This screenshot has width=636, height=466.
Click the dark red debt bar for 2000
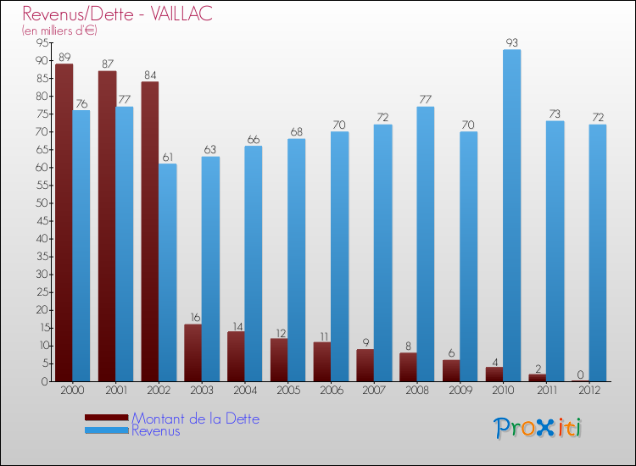(x=64, y=222)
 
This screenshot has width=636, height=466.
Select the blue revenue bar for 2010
(x=511, y=215)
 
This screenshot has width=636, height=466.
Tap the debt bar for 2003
(x=192, y=352)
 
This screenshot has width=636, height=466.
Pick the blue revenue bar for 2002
(x=167, y=272)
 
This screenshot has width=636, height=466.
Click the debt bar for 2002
(x=149, y=231)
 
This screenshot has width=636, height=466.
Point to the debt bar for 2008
(x=408, y=367)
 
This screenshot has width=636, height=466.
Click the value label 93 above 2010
(x=511, y=42)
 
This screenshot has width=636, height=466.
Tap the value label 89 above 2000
(x=64, y=57)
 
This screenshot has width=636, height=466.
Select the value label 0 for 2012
(x=580, y=374)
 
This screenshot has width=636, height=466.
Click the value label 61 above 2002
(x=167, y=157)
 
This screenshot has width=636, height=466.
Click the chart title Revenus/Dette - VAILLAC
(x=117, y=14)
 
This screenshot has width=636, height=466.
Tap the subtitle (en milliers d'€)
(x=59, y=31)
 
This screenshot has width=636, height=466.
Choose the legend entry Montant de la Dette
(x=195, y=419)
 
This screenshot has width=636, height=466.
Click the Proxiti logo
(x=538, y=427)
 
